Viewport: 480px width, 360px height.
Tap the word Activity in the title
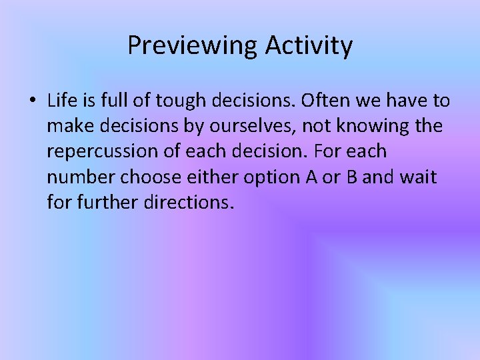point(309,46)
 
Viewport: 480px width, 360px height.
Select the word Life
point(61,101)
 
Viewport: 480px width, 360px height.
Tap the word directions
point(189,202)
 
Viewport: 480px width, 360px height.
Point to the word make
point(69,127)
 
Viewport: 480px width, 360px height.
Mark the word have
point(407,101)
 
